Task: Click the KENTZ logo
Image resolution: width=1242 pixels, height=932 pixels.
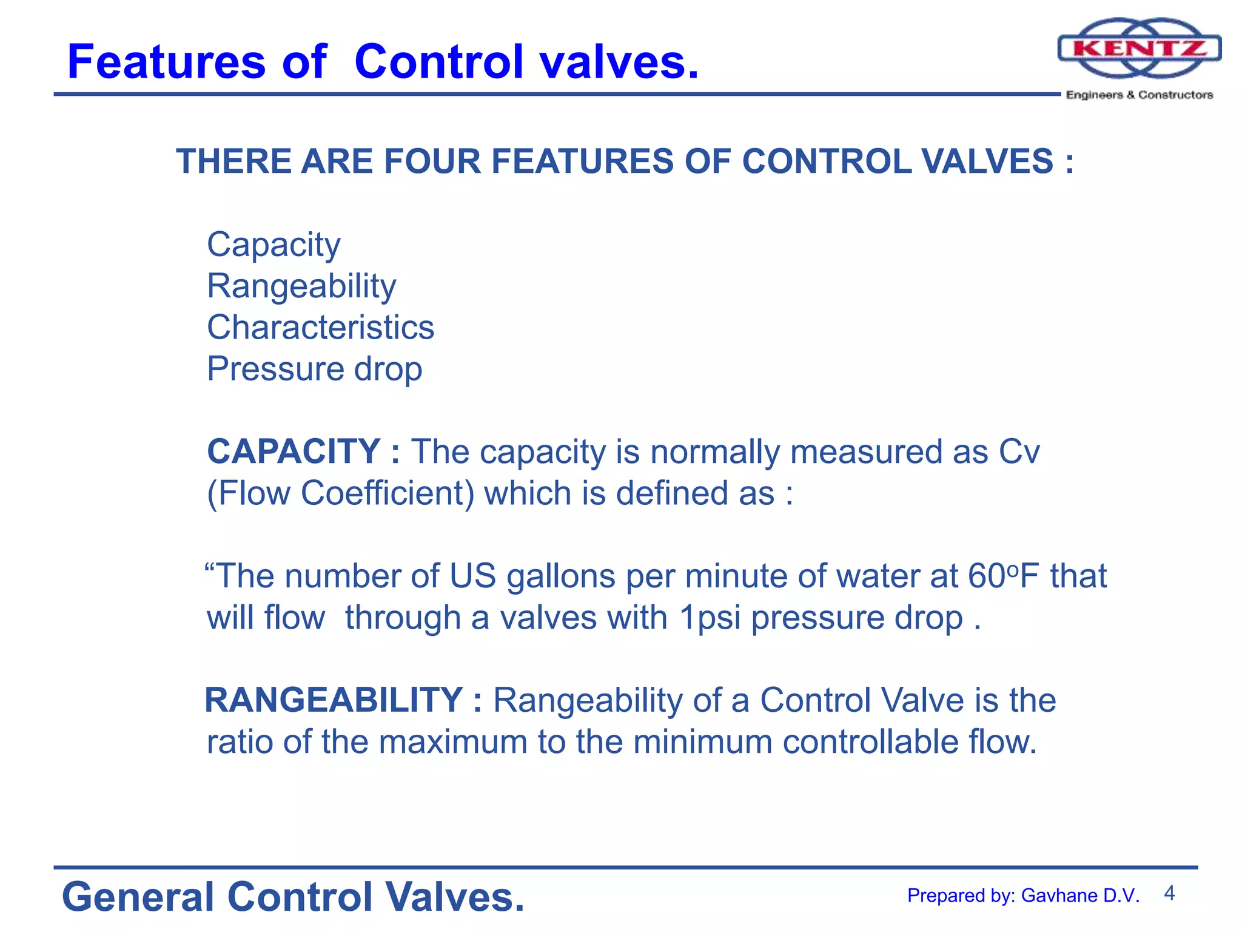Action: pos(1139,49)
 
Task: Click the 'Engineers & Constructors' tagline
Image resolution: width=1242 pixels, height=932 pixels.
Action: pos(1139,95)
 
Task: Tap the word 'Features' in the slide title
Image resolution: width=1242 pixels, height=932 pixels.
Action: pos(166,62)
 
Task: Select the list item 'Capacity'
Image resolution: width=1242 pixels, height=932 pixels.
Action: pos(274,245)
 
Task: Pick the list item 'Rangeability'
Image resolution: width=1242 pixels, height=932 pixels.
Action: pos(301,286)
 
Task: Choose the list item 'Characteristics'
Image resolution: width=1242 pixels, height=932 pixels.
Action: pos(320,328)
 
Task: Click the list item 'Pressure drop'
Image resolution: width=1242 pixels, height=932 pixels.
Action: pos(314,369)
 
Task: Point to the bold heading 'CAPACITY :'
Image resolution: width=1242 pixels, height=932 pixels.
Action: pos(303,451)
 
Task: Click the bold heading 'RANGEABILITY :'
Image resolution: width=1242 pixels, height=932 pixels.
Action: pos(343,700)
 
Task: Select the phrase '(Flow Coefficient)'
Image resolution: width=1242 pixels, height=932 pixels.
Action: pos(340,493)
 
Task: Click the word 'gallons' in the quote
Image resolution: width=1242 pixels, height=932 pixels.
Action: pos(561,576)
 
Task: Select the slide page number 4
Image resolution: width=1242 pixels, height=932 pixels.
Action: pos(1169,893)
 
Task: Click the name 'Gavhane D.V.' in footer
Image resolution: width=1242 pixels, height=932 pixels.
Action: pos(1080,896)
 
